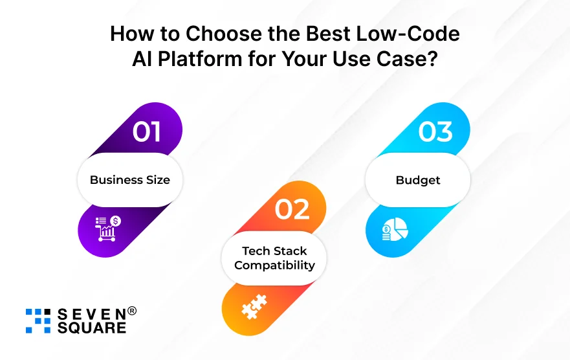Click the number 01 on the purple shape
pos(147,131)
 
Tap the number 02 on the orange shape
pos(292,210)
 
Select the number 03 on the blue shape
pos(435,131)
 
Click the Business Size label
pos(130,180)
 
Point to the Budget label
pos(418,180)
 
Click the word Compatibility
pos(274,265)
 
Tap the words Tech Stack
pos(274,251)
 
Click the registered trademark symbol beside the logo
pos(132,311)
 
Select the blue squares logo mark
pos(38,321)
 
